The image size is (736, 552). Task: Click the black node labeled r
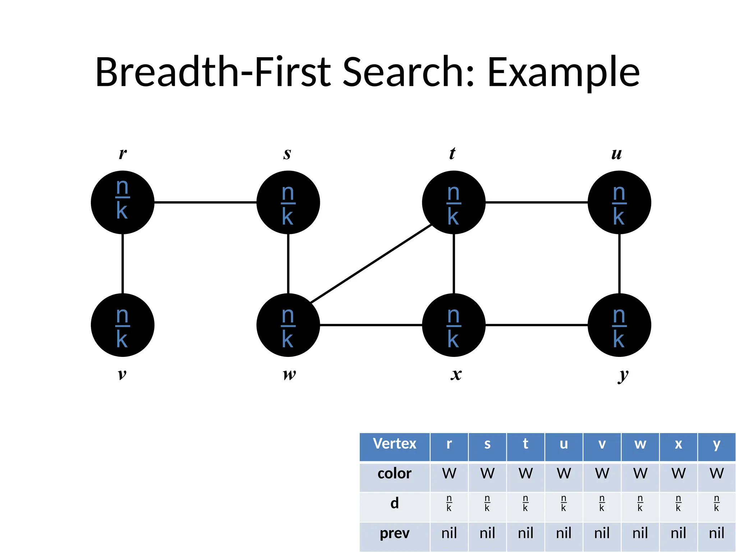(123, 202)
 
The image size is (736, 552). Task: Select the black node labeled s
(288, 202)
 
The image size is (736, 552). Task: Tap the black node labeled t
(454, 202)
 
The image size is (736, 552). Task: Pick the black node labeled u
(619, 202)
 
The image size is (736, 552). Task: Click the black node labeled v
(123, 325)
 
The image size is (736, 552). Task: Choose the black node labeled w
(288, 325)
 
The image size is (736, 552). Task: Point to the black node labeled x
(454, 325)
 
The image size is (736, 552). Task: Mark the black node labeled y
(619, 325)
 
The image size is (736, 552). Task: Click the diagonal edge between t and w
(371, 263)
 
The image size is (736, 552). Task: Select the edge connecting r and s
(205, 202)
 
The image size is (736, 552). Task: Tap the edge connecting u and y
(619, 263)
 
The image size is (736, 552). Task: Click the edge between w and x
(371, 325)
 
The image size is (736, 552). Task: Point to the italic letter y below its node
(623, 375)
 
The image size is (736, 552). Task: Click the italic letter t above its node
(452, 153)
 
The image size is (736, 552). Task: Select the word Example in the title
(563, 73)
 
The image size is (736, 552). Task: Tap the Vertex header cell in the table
(395, 444)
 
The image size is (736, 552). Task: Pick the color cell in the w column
(640, 474)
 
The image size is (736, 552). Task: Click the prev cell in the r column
(449, 533)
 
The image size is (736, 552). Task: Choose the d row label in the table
(395, 503)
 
